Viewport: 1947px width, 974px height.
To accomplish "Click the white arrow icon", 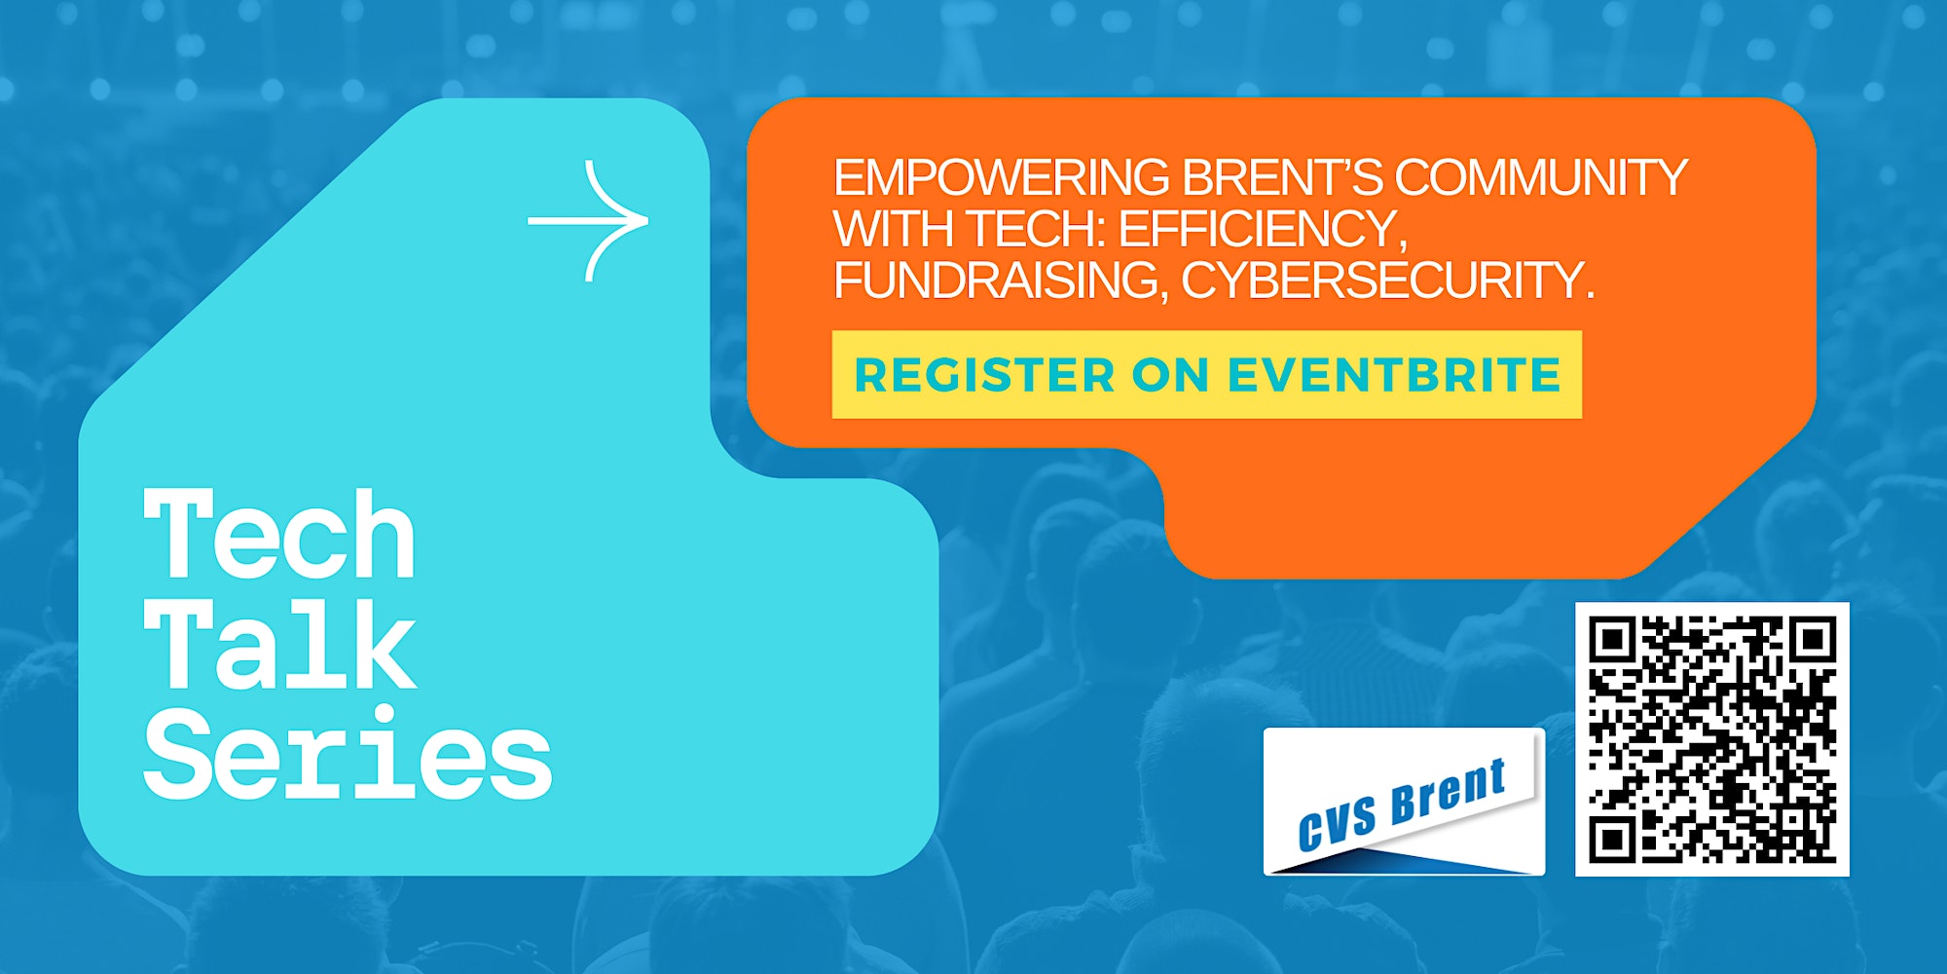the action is (589, 221).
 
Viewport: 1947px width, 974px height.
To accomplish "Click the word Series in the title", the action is (348, 753).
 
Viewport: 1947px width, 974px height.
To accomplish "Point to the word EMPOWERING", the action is (1002, 177).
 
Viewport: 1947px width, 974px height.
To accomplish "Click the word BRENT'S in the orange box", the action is (1283, 177).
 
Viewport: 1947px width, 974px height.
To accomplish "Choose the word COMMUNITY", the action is (1541, 177).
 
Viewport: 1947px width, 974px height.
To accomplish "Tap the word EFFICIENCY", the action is (1263, 230).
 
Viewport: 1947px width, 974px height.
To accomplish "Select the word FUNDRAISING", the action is (1001, 281).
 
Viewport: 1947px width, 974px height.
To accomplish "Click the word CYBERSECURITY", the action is (1388, 281).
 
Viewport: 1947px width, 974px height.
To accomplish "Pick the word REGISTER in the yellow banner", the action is (984, 375).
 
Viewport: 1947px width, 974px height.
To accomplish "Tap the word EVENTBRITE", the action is (1394, 375).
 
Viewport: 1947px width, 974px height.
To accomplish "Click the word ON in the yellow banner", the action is (1170, 375).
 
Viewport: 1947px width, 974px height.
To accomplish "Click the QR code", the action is (1712, 739).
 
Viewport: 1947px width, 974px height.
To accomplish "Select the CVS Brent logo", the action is (1404, 802).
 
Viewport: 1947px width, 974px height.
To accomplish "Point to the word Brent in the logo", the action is (1449, 791).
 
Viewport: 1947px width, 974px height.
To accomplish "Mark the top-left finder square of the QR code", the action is (1615, 641).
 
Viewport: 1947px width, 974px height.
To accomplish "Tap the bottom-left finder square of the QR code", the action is (1615, 838).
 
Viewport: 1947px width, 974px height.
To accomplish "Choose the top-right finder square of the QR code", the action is (1811, 641).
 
